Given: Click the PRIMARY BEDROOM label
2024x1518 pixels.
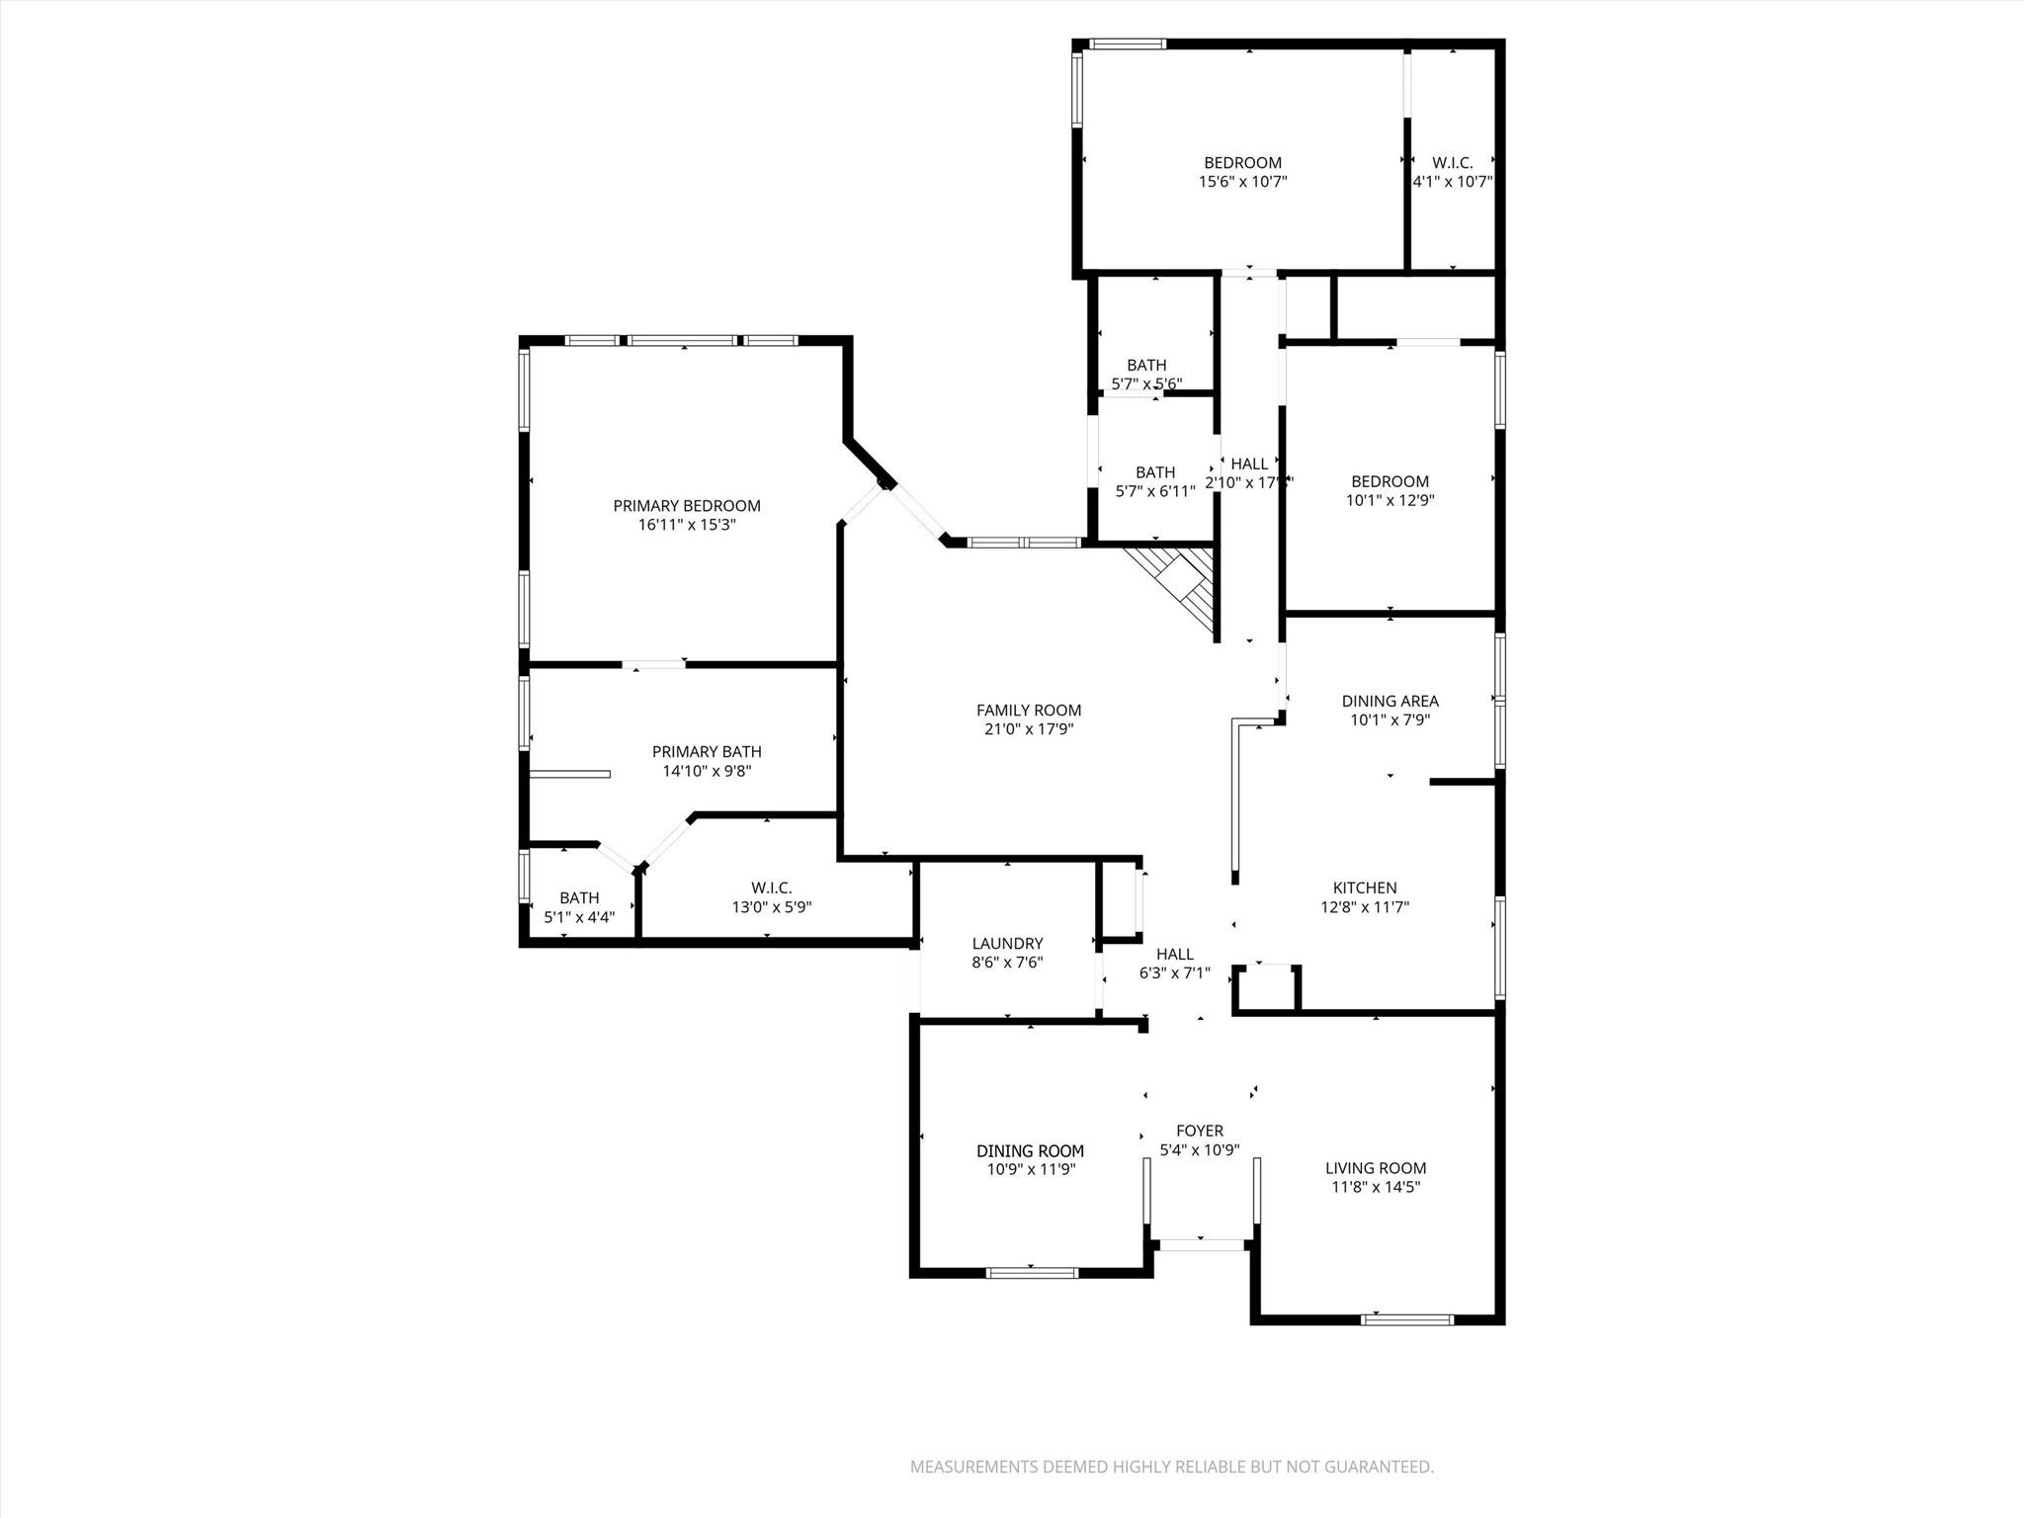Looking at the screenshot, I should pos(687,506).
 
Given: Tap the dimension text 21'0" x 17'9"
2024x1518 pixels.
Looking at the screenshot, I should pos(1028,729).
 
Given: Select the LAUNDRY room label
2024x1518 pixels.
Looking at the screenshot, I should pos(1007,944).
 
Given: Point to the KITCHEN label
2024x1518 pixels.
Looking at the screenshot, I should pos(1365,888).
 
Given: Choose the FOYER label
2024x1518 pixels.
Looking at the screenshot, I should pos(1199,1131).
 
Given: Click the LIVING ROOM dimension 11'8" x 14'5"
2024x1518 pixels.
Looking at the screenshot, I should pos(1375,1187).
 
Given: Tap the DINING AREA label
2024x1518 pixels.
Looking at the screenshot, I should pos(1390,702).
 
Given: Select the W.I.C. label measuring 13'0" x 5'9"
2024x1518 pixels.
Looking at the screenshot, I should pos(771,887).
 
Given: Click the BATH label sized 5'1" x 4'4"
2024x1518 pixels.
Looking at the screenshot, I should pos(579,898).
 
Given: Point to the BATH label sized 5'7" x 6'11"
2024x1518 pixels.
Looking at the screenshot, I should pos(1155,472).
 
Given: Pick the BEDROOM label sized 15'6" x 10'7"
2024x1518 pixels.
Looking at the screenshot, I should pos(1242,163).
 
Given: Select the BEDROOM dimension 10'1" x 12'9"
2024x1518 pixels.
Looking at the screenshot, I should pos(1390,501).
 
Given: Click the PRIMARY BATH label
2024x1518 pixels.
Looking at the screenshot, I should pos(707,752).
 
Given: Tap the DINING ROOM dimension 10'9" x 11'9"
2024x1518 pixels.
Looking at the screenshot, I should pos(1031,1169).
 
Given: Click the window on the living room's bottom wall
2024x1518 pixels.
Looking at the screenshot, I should pos(1407,1318).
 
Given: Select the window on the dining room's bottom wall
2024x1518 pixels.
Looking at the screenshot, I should pos(1032,1273).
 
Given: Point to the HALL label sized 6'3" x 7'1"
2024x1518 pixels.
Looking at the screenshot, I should pos(1174,955).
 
